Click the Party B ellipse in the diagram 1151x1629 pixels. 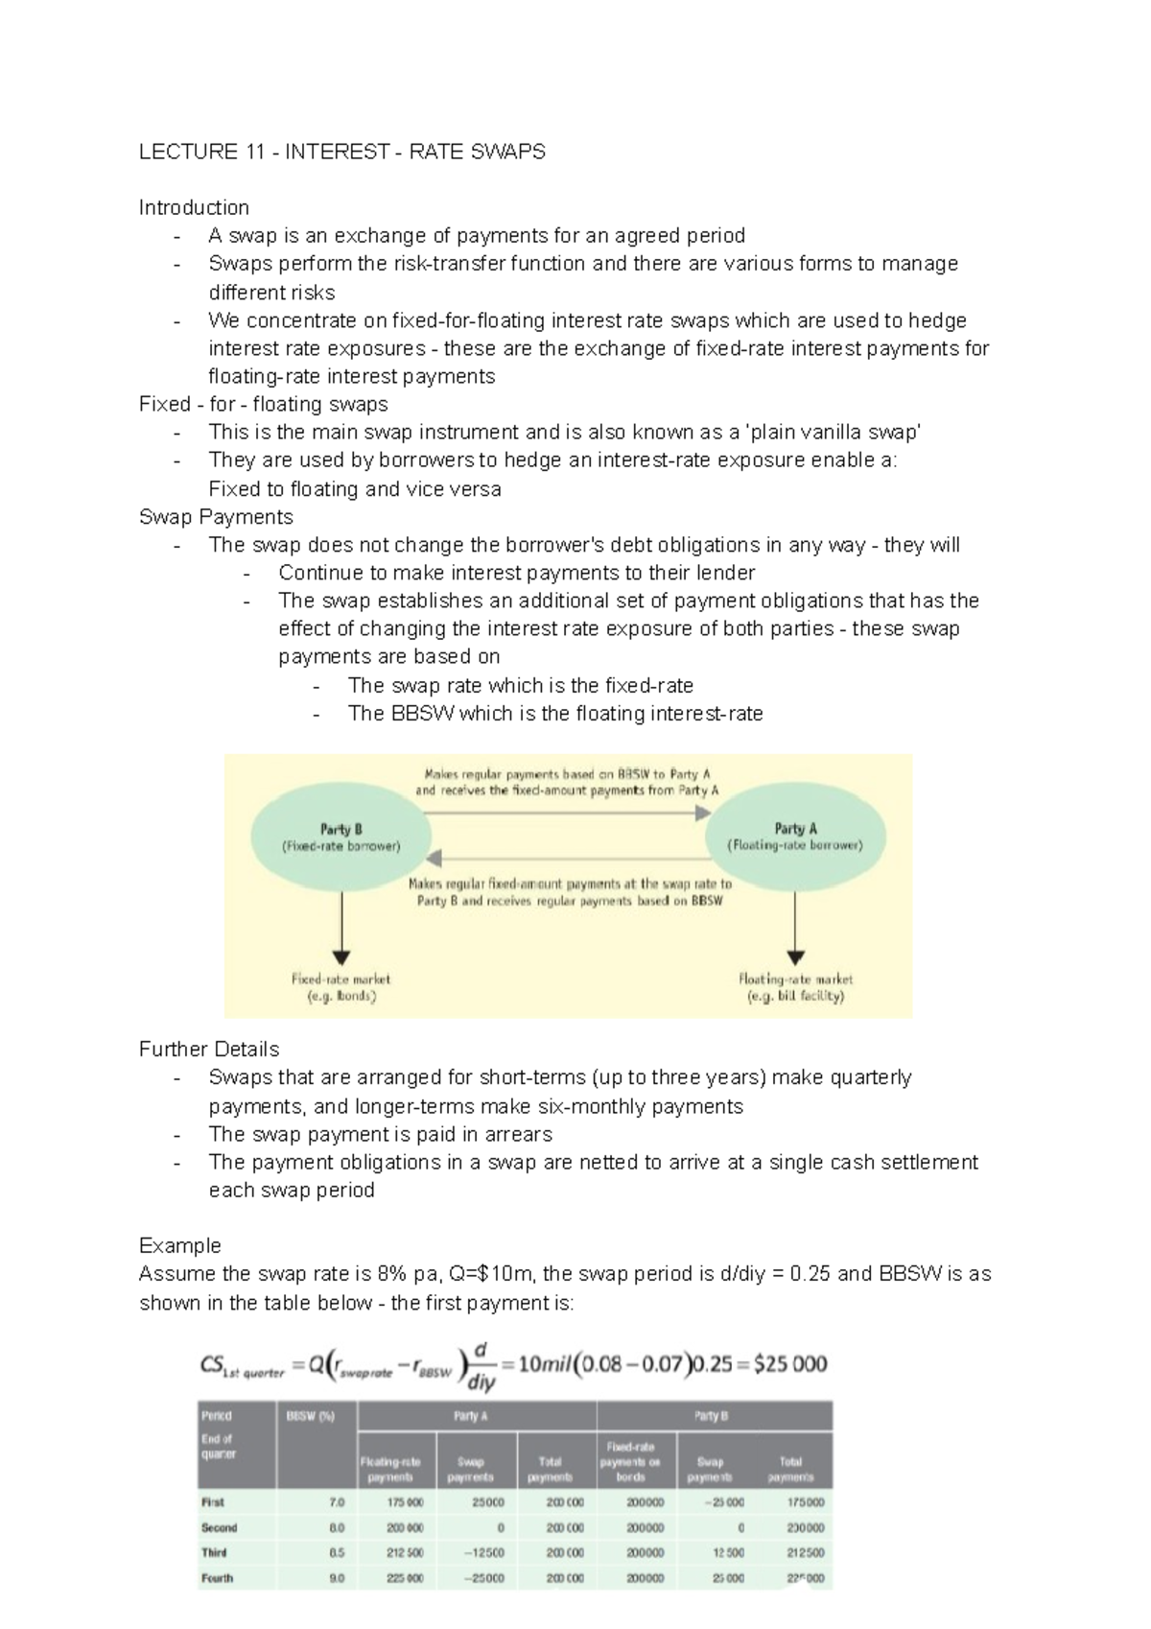(341, 837)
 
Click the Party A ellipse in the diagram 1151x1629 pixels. (795, 837)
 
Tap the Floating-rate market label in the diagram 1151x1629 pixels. (795, 987)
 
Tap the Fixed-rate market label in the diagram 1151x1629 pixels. (341, 987)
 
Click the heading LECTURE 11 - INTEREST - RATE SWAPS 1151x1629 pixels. (342, 152)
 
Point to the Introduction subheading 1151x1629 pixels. (194, 207)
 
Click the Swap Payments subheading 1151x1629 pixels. (216, 517)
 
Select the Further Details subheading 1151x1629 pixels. (209, 1049)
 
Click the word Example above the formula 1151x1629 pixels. (179, 1245)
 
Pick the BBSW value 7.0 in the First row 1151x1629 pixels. (336, 1502)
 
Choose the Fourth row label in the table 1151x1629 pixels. (217, 1577)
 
